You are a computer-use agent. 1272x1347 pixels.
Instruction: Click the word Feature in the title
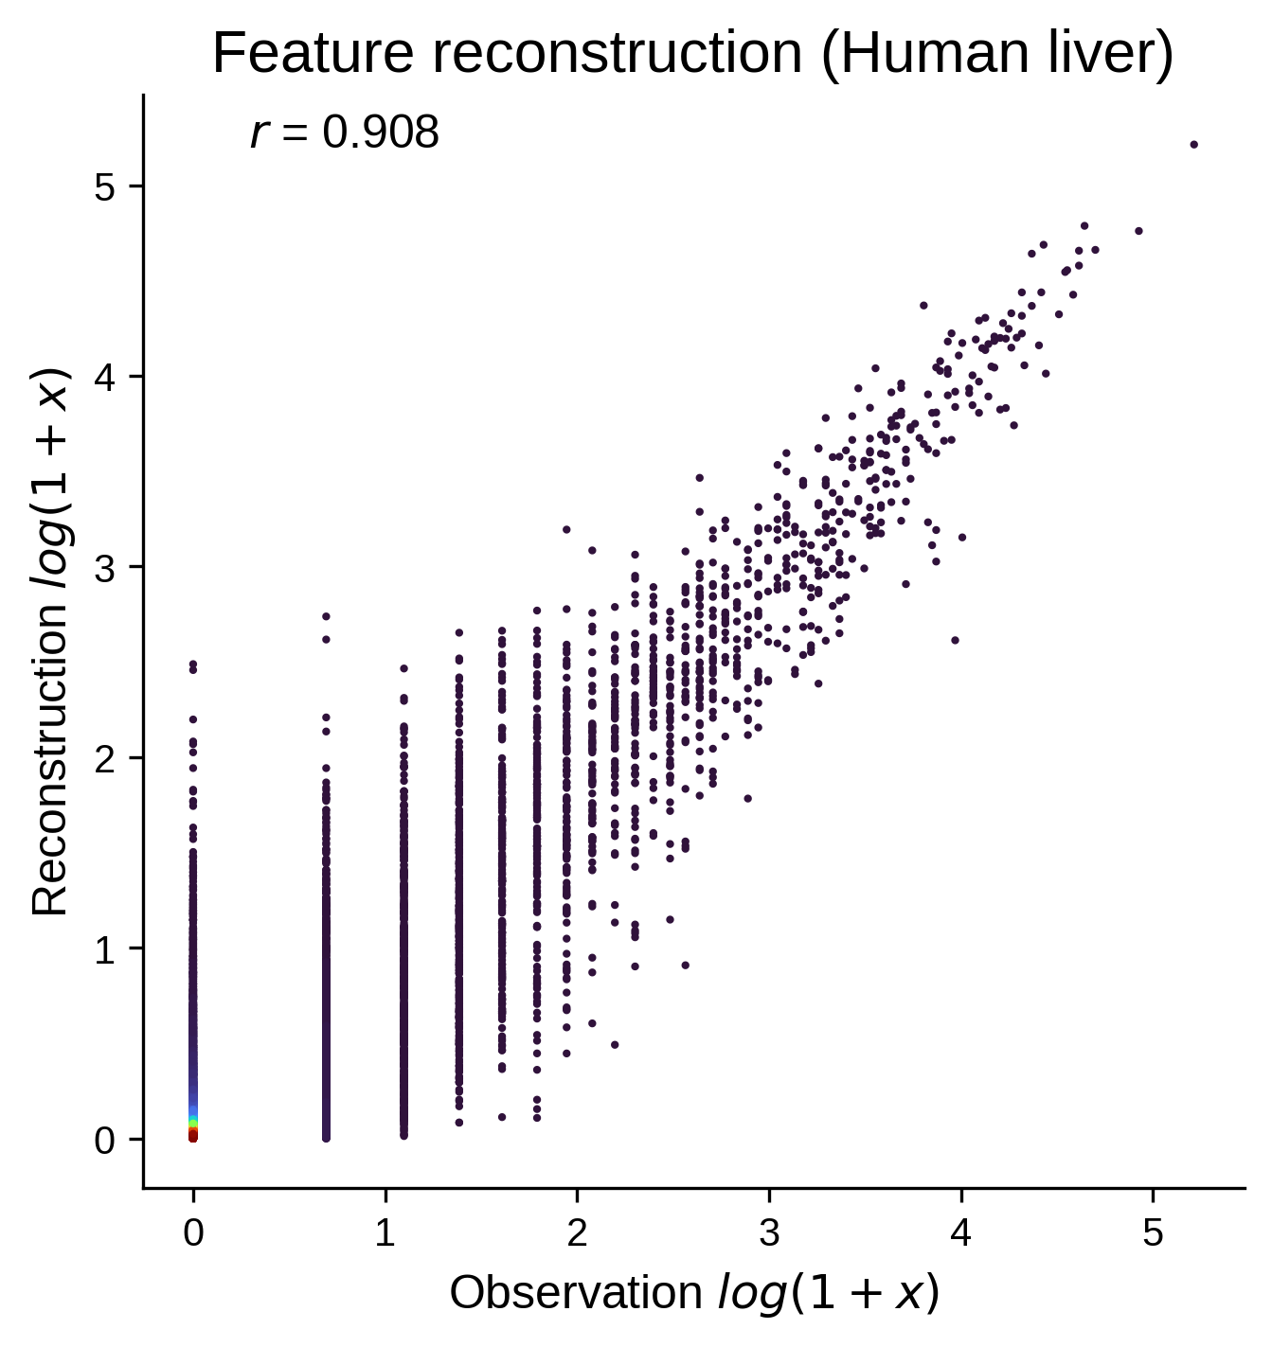pos(313,53)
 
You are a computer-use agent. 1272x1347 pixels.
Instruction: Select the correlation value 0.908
pos(381,132)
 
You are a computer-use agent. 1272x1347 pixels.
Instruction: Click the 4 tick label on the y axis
pos(105,377)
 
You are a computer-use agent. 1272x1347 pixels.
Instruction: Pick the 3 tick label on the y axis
pos(105,567)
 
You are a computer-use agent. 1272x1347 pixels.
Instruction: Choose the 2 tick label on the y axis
pos(105,757)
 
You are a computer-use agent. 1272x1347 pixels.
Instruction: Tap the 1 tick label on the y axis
pos(105,948)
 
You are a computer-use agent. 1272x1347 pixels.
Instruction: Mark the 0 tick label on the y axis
pos(105,1139)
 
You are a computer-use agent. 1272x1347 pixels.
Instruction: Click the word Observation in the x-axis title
pos(576,1293)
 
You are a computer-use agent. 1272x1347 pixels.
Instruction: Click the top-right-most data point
pos(1194,145)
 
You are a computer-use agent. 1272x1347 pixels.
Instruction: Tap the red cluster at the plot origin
pos(193,1135)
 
